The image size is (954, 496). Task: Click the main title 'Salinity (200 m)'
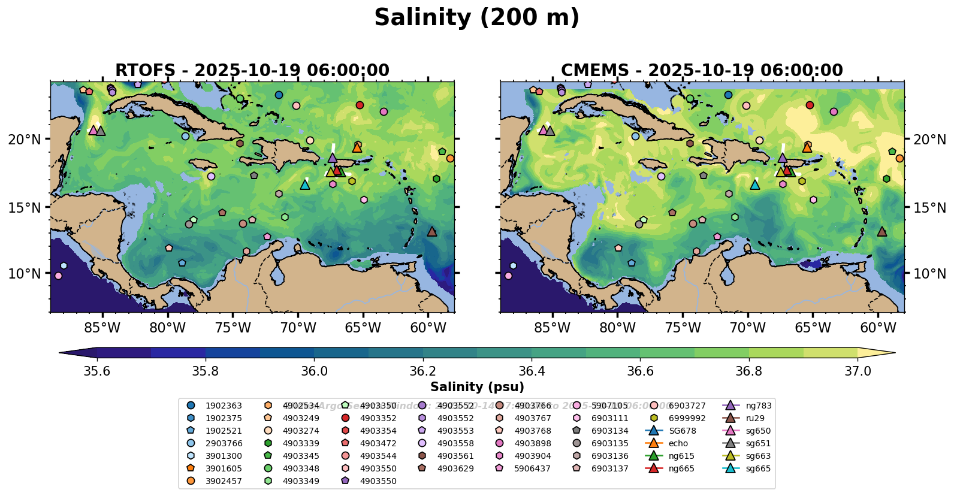click(476, 18)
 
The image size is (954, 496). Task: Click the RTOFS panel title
click(252, 71)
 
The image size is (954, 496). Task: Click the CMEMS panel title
click(702, 71)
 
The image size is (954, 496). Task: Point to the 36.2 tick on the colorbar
click(422, 371)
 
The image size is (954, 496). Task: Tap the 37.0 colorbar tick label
click(858, 371)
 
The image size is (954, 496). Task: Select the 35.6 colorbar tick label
click(96, 371)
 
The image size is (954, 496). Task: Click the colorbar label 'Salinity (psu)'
click(477, 387)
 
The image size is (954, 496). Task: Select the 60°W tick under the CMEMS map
click(878, 328)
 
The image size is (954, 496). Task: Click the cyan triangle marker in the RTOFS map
click(305, 185)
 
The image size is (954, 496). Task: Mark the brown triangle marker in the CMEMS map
click(881, 231)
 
